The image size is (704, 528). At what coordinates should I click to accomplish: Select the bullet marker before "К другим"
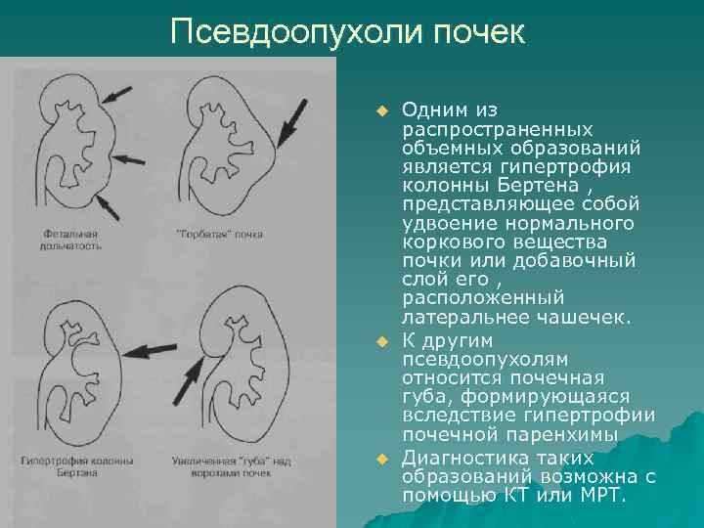tap(383, 340)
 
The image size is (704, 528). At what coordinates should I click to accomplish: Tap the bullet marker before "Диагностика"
tap(383, 459)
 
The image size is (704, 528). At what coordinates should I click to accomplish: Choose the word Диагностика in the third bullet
tap(460, 459)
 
